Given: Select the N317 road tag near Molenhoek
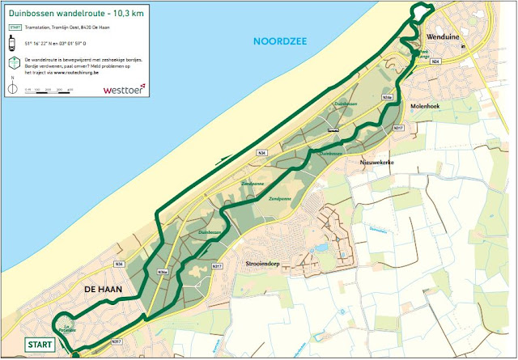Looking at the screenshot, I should (x=398, y=129).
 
